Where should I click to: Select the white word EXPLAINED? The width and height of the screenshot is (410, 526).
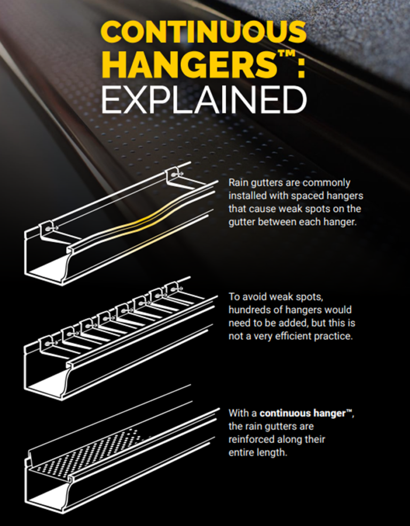(203, 100)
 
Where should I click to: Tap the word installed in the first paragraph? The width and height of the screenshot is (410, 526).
(245, 195)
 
